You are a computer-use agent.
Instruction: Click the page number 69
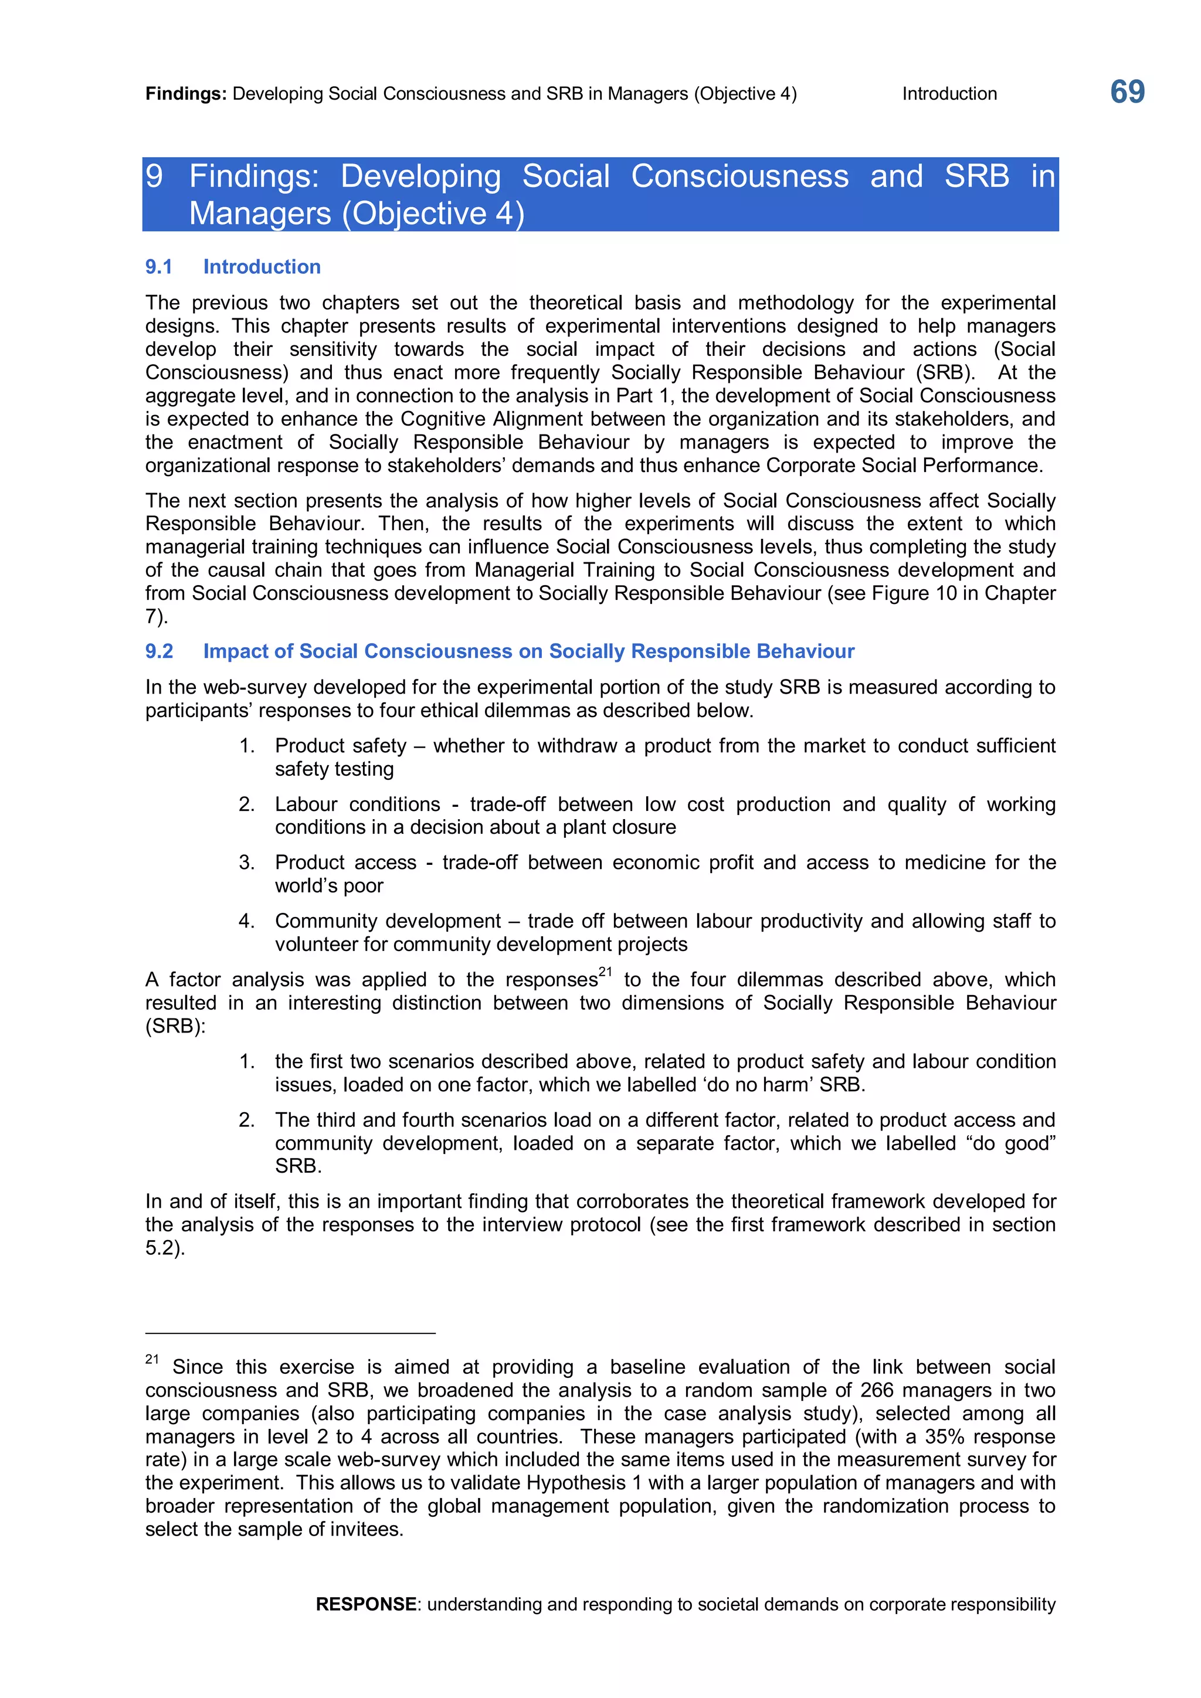[x=1127, y=93]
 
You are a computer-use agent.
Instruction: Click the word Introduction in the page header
[x=949, y=94]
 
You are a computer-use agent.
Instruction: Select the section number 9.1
[x=158, y=267]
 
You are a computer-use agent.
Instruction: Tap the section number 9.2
[x=159, y=651]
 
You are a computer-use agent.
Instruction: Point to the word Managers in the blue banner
[x=260, y=214]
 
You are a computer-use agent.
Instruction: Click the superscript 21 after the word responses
[x=605, y=972]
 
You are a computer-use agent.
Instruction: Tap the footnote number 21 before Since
[x=152, y=1359]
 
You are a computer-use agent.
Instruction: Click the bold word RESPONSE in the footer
[x=365, y=1604]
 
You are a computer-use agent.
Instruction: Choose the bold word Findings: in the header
[x=186, y=94]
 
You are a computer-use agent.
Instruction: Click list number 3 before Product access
[x=246, y=862]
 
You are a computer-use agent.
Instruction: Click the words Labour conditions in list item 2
[x=357, y=804]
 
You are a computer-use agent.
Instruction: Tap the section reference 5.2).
[x=165, y=1248]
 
